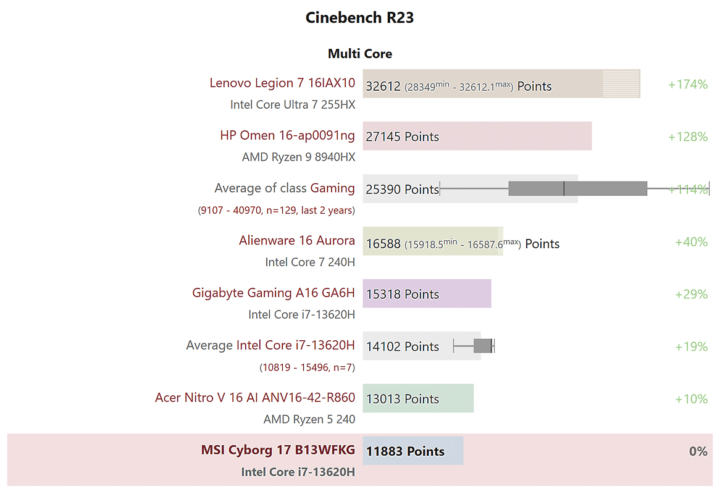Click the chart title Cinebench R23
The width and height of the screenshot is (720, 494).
tap(359, 18)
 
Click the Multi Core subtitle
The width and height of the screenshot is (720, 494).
tap(359, 54)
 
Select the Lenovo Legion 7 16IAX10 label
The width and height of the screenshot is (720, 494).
tap(282, 83)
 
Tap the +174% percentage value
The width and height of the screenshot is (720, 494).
tap(687, 84)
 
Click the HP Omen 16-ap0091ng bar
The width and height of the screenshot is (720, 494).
tap(477, 136)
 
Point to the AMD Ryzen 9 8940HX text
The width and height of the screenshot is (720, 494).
tap(298, 157)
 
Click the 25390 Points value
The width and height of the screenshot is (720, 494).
tap(402, 189)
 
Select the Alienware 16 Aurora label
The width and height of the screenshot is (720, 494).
tap(297, 240)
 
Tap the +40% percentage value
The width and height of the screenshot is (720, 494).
tap(691, 241)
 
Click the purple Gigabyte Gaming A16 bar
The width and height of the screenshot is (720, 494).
tap(427, 293)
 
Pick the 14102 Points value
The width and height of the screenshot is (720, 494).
tap(402, 346)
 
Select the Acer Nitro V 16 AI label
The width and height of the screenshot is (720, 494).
tap(255, 398)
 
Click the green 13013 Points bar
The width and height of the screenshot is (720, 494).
tap(418, 398)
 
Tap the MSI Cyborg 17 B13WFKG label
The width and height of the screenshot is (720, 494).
tap(278, 450)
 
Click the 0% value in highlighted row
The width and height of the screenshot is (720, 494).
tap(698, 451)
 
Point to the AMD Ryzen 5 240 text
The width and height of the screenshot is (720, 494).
tap(309, 419)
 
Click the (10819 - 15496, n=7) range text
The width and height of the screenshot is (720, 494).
tap(307, 367)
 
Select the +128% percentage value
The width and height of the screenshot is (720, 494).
tap(687, 136)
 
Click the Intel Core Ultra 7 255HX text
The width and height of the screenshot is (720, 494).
tap(293, 104)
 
